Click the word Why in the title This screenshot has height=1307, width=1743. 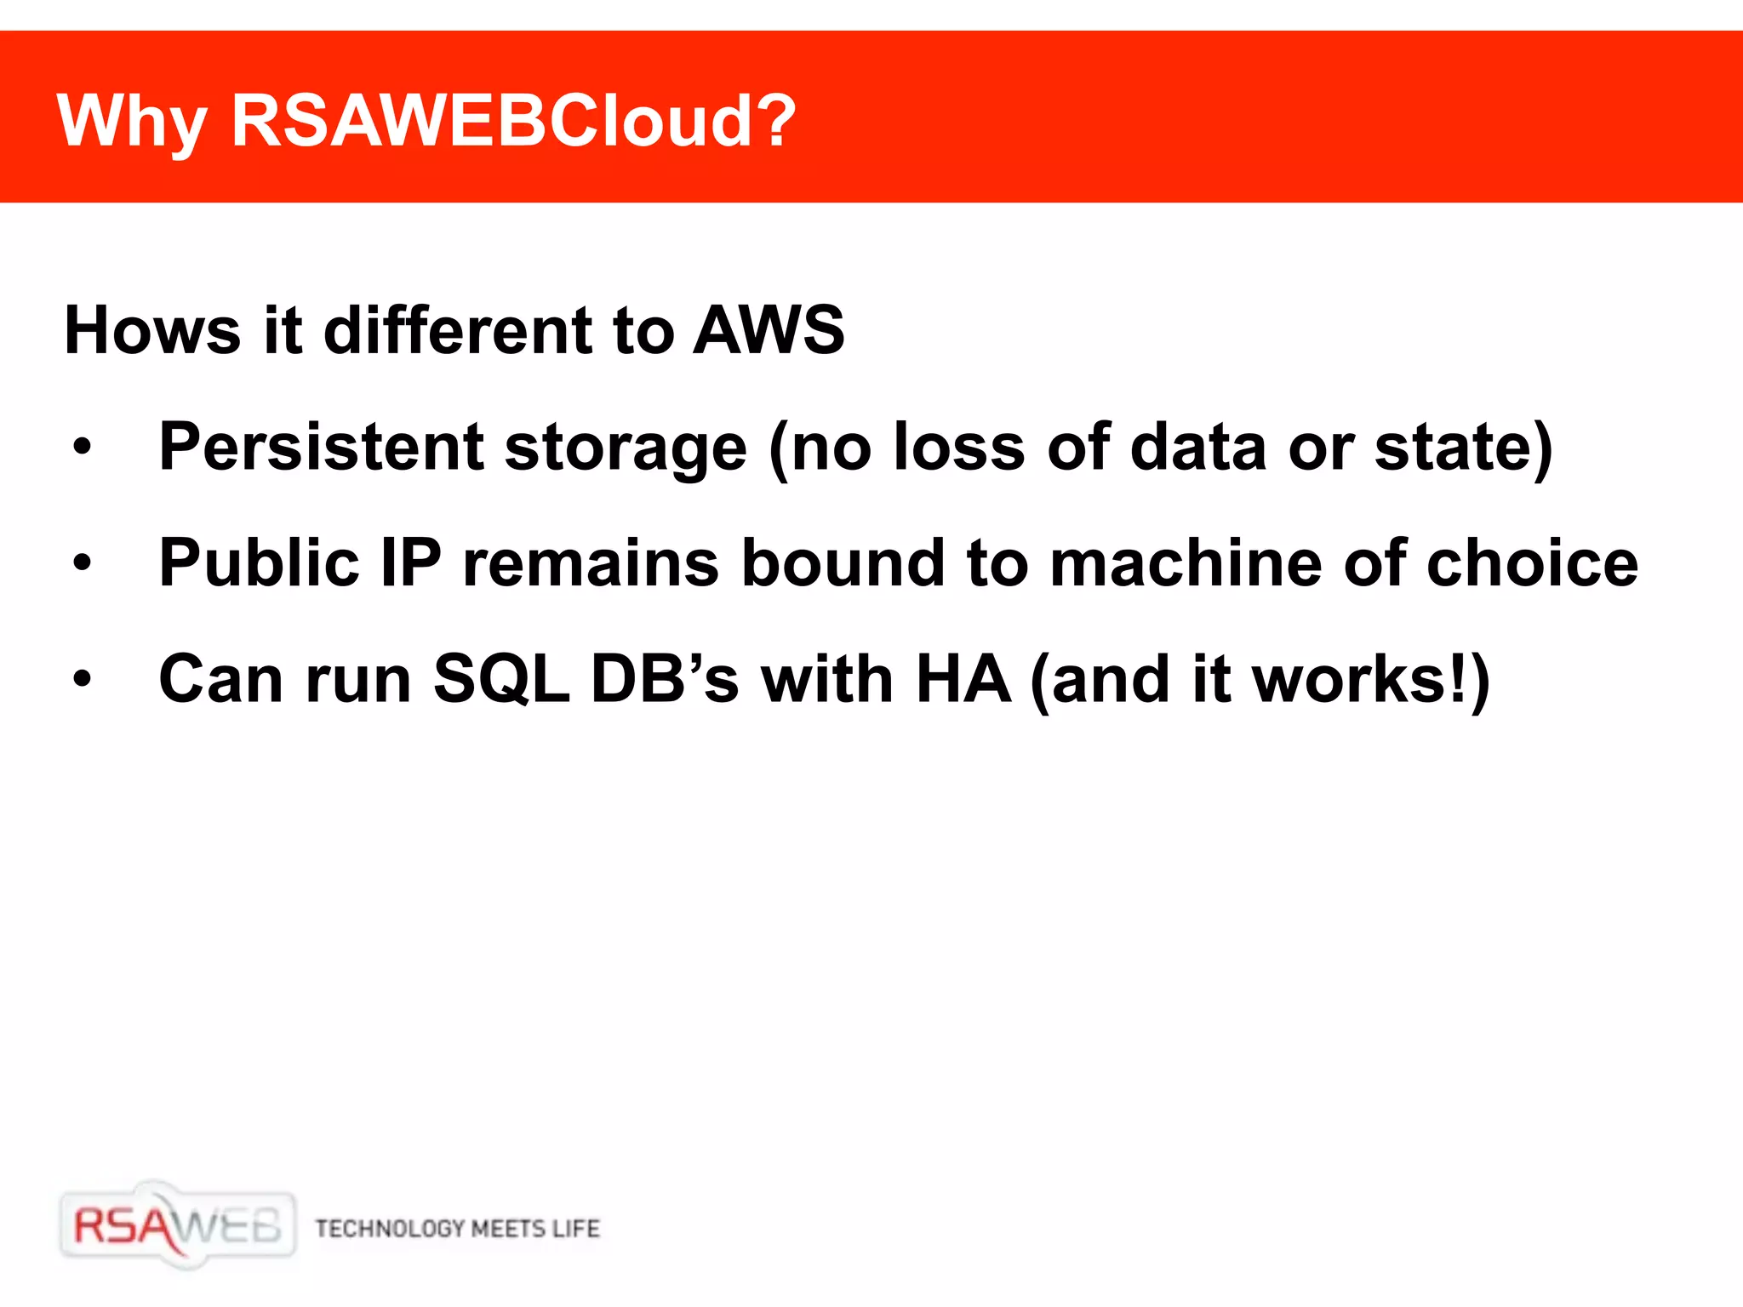132,122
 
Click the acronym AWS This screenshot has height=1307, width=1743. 769,330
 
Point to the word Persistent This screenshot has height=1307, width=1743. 322,447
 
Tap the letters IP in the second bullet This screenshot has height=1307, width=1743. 410,562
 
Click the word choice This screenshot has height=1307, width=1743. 1532,563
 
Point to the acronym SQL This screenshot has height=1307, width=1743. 501,680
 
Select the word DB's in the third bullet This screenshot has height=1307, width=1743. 665,679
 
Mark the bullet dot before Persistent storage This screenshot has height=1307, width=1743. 82,447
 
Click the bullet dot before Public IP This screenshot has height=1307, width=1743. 82,562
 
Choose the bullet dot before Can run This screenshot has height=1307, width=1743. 82,679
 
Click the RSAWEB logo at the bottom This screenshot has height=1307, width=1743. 178,1226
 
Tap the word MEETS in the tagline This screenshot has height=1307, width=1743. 508,1229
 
